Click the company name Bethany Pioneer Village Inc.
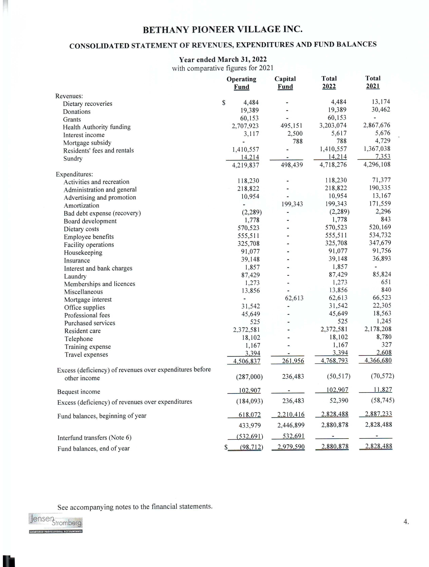tap(222, 30)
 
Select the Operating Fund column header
tap(241, 83)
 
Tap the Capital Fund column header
tap(285, 83)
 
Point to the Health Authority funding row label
tap(97, 127)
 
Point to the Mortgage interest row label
tap(88, 300)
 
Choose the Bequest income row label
tap(79, 392)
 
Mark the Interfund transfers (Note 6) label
tap(95, 437)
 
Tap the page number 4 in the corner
tap(406, 522)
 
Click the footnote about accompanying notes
tap(135, 507)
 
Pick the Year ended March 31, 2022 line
tap(223, 59)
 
